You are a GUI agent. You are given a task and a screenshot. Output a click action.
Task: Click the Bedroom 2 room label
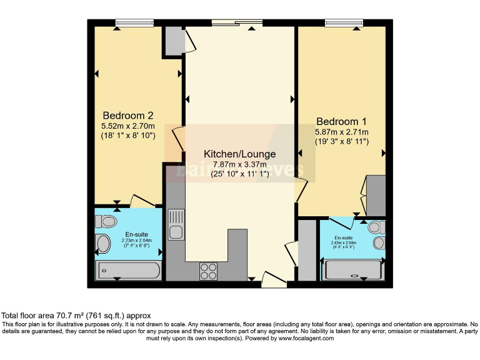point(128,115)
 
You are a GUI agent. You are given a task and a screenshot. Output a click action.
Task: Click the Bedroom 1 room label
point(342,121)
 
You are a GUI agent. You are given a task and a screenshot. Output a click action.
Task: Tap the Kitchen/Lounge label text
point(239,154)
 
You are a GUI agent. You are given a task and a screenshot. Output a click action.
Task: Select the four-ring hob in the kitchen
point(208,271)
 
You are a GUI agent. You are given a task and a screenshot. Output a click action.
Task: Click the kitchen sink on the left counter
point(176,224)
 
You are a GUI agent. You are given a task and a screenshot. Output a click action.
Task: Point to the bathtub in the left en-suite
point(129,271)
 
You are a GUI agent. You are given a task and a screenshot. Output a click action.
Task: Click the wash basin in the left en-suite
point(103,244)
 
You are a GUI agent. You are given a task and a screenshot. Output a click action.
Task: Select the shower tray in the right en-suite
point(352,270)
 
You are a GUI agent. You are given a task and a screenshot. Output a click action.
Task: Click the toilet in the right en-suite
point(377,227)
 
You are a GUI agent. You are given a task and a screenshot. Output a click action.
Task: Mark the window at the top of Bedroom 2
point(134,23)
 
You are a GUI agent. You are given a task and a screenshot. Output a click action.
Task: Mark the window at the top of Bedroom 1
point(344,23)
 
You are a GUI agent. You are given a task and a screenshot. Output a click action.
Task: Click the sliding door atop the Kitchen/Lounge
point(237,23)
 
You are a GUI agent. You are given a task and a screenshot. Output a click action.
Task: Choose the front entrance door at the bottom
point(274,280)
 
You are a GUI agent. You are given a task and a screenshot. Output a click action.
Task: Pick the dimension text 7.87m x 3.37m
point(239,164)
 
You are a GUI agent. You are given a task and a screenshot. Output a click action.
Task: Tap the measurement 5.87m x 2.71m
point(342,132)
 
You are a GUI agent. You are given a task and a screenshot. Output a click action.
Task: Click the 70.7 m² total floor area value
point(72,316)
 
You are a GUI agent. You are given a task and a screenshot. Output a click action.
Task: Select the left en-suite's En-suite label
point(128,234)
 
